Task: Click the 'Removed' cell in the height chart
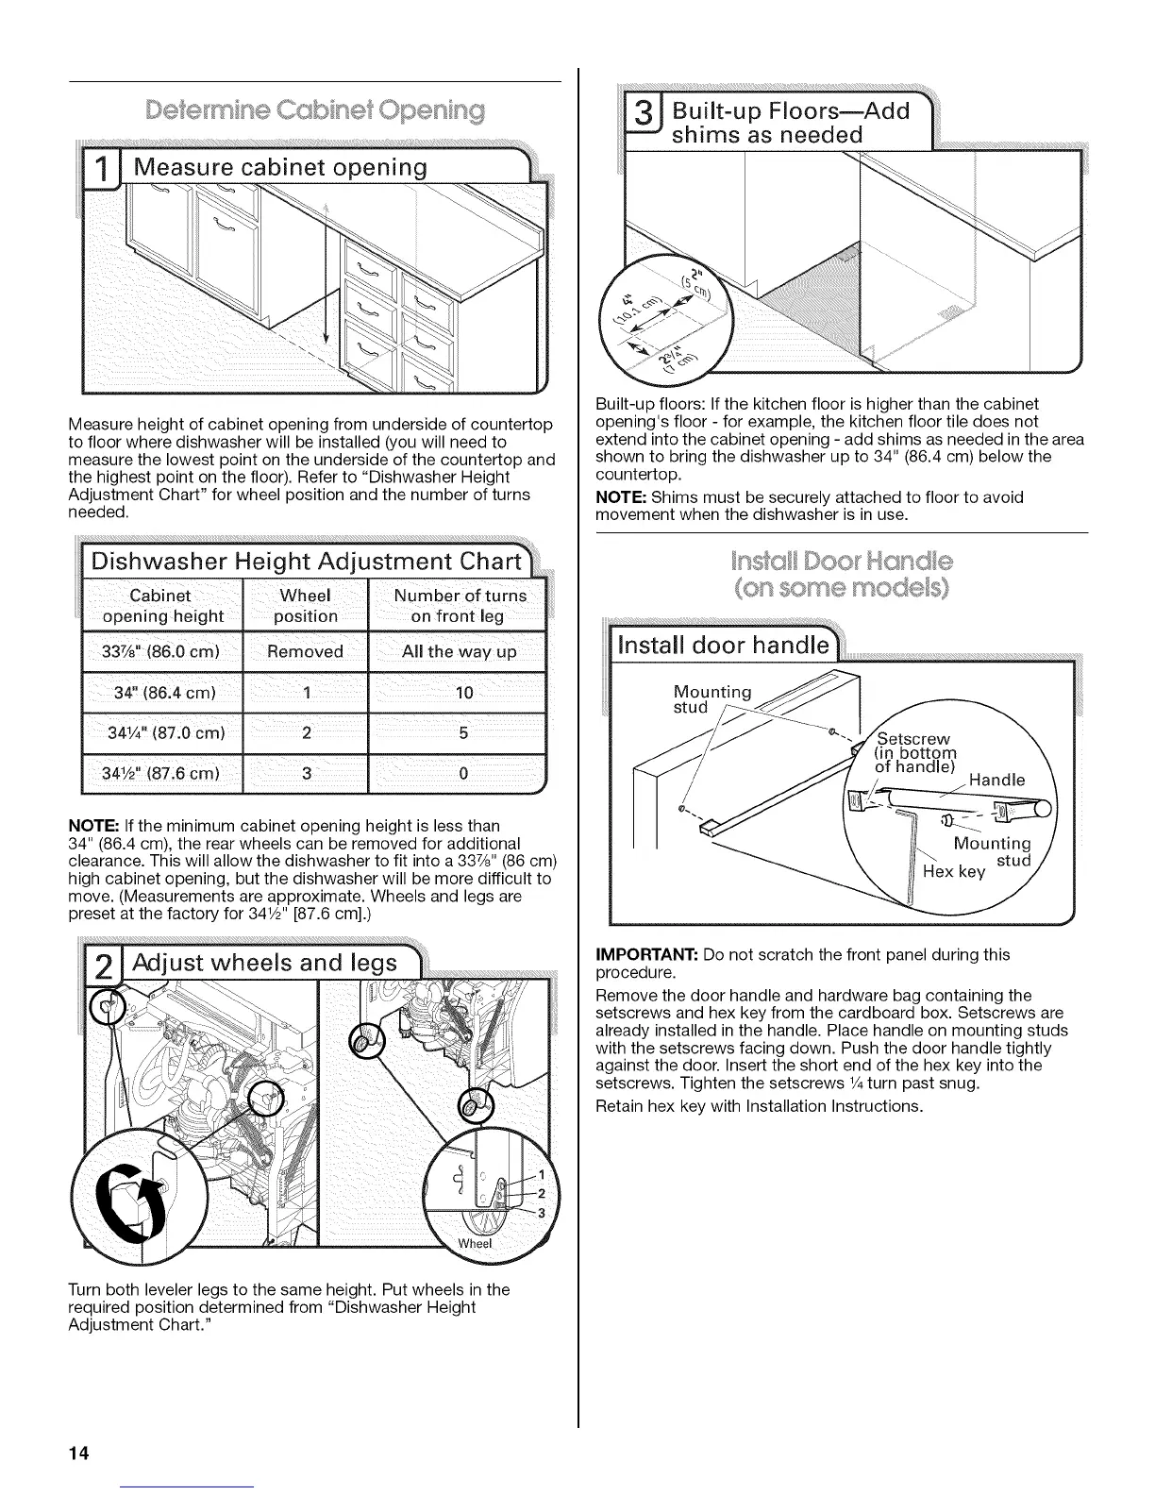point(305,652)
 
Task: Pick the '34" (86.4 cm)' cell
point(164,694)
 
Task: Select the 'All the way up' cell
point(459,652)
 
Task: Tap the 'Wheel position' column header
point(305,606)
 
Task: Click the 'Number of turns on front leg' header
point(460,606)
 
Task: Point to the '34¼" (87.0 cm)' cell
point(162,733)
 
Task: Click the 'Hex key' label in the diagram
point(954,871)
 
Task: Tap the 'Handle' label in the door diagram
point(997,780)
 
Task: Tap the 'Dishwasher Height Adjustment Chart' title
point(307,563)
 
